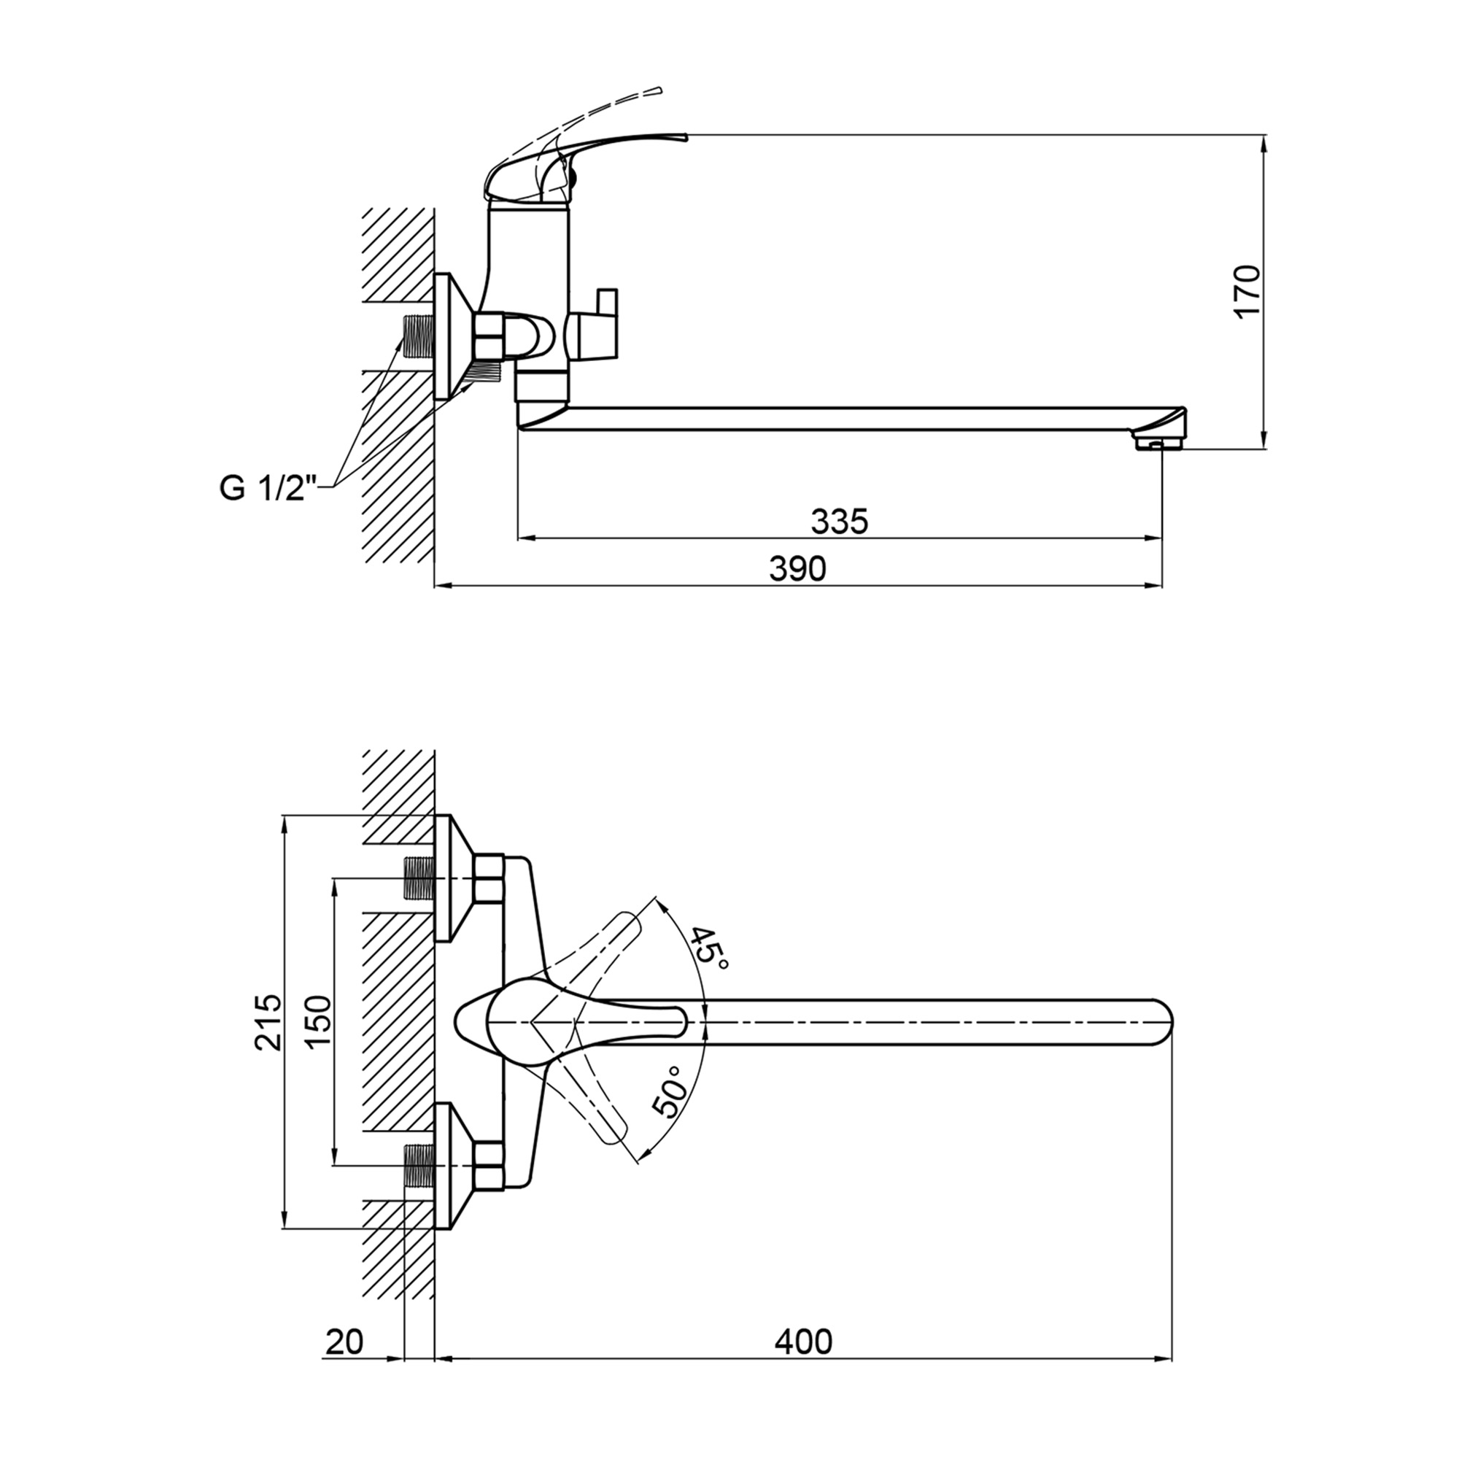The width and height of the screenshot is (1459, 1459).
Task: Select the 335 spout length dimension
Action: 839,521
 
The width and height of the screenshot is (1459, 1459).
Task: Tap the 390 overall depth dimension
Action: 797,568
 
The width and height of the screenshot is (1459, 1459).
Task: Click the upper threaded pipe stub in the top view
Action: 419,879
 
